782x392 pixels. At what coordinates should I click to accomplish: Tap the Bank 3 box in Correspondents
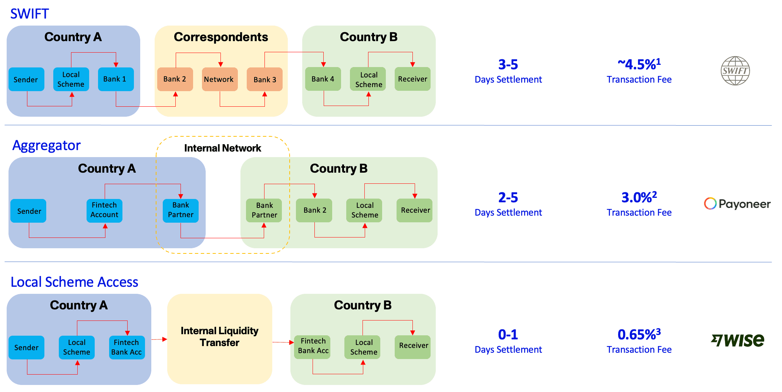264,79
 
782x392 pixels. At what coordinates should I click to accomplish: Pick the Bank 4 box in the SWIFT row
323,79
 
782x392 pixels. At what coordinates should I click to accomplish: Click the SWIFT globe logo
735,71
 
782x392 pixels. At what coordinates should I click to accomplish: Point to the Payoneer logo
737,204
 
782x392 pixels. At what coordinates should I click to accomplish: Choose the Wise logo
738,340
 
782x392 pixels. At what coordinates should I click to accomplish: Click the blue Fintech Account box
104,210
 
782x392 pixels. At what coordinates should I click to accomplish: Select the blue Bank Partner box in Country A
181,210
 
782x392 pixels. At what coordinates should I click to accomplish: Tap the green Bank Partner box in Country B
264,210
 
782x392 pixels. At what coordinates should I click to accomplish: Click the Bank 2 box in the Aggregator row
314,210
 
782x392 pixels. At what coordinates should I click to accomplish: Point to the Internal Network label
223,148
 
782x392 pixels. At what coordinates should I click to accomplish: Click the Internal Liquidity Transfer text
219,336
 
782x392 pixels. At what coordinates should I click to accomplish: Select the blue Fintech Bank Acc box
127,347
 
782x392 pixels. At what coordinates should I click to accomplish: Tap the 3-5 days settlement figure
508,65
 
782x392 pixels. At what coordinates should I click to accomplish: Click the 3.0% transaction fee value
639,197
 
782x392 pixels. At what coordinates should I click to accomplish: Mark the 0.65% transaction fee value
639,335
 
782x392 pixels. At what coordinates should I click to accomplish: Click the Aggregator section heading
47,146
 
